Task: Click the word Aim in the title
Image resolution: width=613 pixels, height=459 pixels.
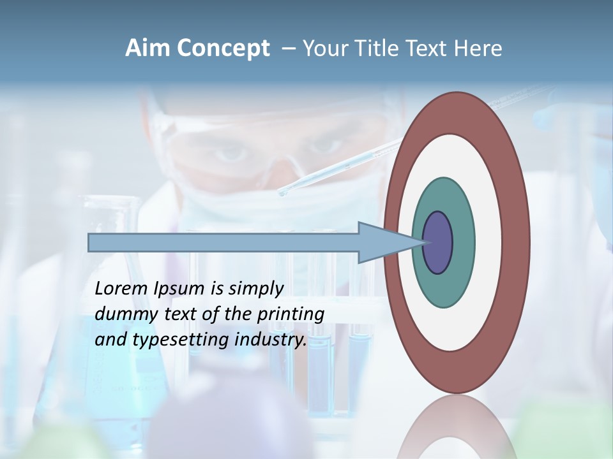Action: pyautogui.click(x=146, y=48)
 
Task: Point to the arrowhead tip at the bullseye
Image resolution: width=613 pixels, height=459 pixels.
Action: pyautogui.click(x=424, y=242)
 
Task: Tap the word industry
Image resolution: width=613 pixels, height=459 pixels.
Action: pyautogui.click(x=271, y=340)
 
